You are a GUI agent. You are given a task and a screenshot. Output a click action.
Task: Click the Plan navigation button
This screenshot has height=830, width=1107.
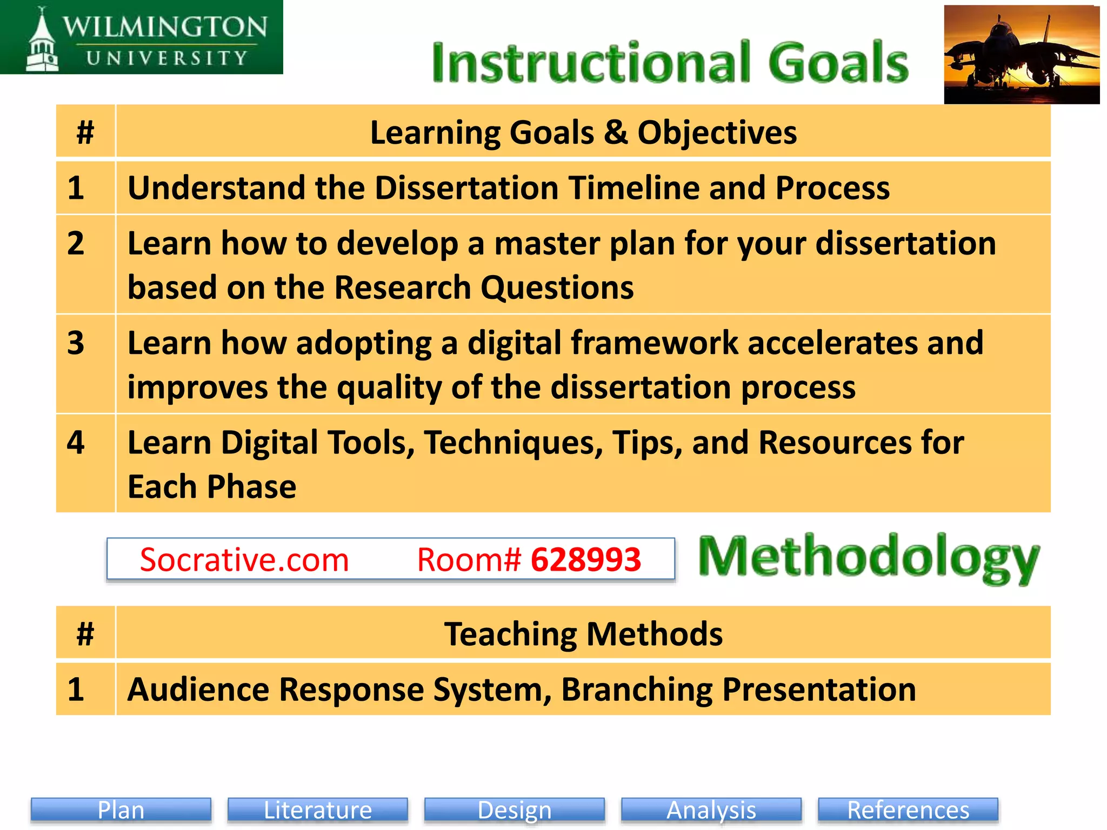(x=121, y=809)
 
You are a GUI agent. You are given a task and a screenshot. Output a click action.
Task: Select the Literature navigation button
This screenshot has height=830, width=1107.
(x=318, y=809)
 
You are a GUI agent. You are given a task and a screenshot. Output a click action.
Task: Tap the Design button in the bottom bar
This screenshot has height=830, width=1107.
(x=515, y=809)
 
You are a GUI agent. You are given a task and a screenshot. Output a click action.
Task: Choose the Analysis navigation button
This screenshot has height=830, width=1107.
(x=711, y=809)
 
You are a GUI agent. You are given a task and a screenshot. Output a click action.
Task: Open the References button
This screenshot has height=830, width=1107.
(x=908, y=809)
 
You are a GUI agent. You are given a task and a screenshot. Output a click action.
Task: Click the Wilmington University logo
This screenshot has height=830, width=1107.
(x=142, y=38)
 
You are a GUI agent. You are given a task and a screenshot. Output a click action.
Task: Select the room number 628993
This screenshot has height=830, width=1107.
(x=586, y=560)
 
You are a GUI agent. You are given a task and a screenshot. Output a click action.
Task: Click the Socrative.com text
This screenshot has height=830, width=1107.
(x=244, y=560)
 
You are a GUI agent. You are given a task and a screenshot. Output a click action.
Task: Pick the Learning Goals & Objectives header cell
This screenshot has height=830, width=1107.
(x=583, y=132)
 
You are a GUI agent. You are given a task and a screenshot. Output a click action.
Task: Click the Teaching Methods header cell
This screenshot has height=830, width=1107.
(x=583, y=633)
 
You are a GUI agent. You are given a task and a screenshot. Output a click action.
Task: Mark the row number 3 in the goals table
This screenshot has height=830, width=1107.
(x=76, y=343)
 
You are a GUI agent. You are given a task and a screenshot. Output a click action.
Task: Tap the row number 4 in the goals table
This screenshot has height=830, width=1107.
(x=76, y=443)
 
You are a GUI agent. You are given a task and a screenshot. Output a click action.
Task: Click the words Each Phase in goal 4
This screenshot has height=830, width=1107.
(x=212, y=487)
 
